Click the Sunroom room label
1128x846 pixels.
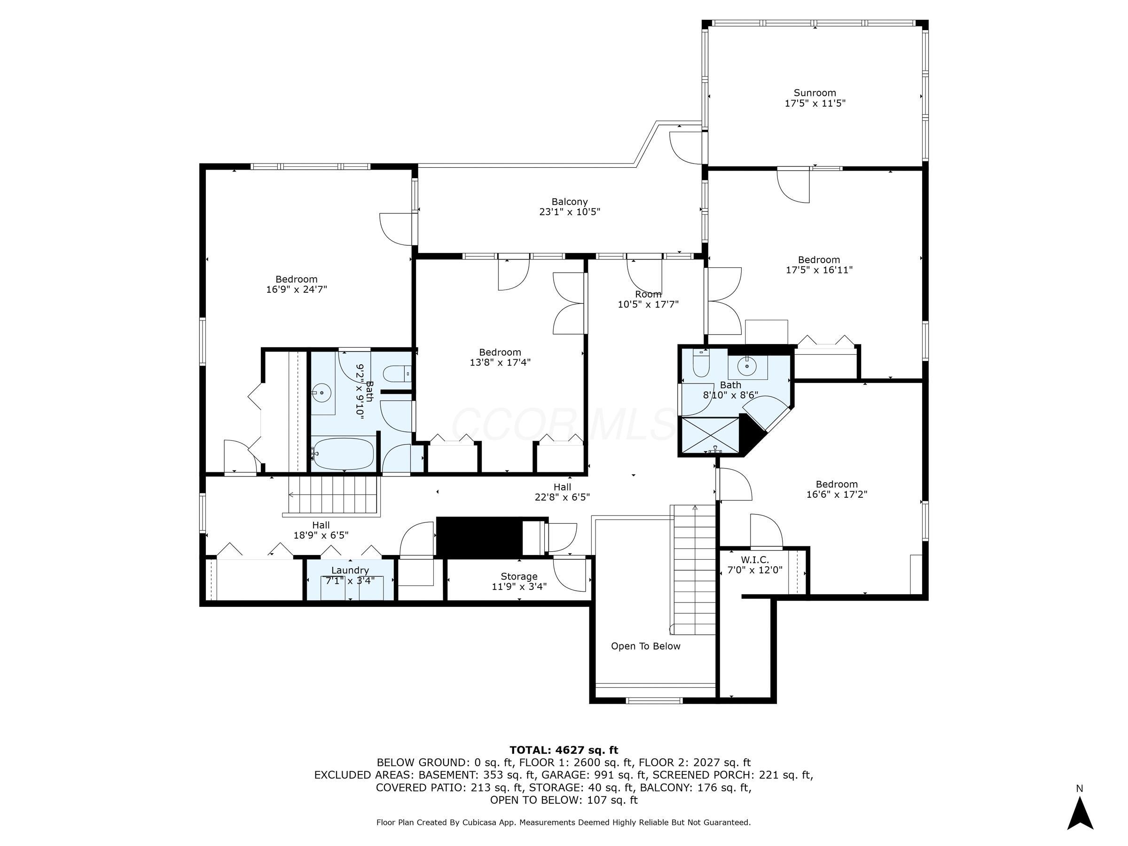point(815,93)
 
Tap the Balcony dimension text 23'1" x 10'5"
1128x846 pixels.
point(570,212)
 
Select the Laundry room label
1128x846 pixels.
point(350,570)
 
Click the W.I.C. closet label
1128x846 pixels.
point(755,560)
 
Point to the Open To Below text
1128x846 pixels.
point(645,646)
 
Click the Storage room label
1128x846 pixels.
point(518,576)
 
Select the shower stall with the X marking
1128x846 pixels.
point(710,434)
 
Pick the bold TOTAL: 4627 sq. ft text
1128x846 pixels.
point(564,750)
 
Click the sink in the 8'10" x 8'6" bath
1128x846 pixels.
point(747,365)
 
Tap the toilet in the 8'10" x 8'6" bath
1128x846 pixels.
point(701,362)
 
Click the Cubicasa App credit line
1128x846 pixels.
point(563,822)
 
